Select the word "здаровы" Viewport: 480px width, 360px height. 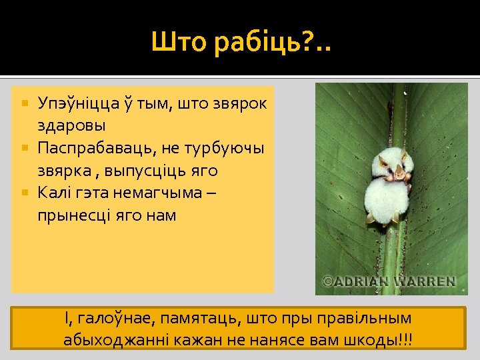(71, 125)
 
